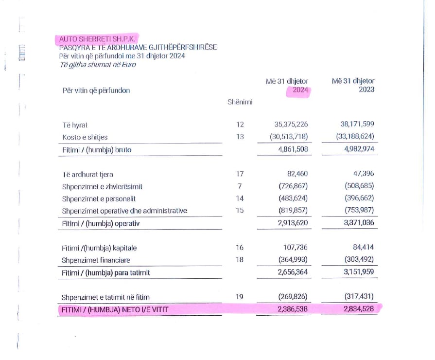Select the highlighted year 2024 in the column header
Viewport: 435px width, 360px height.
[300, 90]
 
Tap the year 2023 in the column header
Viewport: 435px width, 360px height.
[366, 90]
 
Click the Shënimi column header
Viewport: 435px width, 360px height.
[240, 102]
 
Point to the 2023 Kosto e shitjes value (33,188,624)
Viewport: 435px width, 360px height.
[355, 137]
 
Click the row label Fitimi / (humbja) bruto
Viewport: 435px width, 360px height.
[97, 150]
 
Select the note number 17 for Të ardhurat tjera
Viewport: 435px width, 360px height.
[240, 174]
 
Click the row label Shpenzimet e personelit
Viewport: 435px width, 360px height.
[99, 198]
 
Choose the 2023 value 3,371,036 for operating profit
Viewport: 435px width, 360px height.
[359, 223]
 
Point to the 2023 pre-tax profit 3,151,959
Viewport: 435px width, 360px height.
[359, 272]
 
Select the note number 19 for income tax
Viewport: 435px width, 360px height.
[240, 297]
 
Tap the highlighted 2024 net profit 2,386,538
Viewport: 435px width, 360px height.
[293, 309]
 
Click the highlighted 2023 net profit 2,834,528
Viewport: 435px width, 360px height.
[359, 309]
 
